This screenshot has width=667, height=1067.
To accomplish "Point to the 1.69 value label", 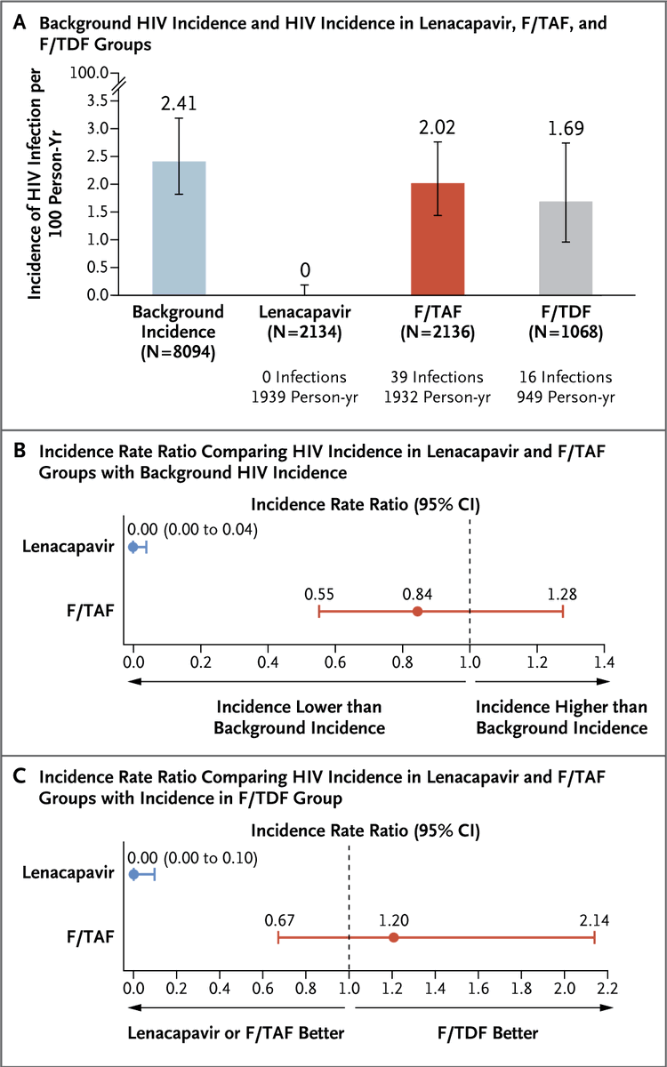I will (567, 127).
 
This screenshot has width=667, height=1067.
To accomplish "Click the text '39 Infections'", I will (438, 377).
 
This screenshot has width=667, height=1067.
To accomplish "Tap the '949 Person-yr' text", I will (567, 396).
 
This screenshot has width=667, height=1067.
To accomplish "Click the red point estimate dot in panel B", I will (417, 611).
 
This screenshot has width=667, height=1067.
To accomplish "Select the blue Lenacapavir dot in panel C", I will (134, 875).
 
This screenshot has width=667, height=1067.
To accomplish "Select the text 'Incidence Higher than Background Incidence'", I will (561, 717).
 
